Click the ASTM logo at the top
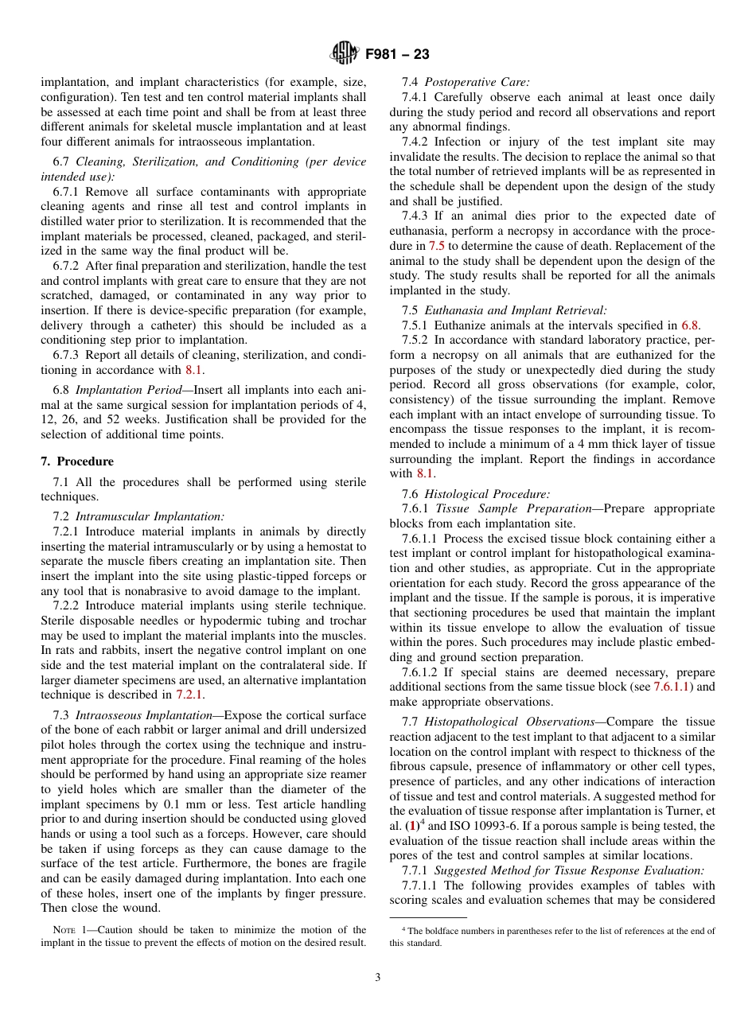click(345, 54)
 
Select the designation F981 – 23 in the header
click(397, 54)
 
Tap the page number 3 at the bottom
click(378, 977)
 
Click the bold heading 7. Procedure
click(77, 461)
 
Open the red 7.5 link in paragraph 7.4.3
click(437, 246)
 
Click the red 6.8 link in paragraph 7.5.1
click(690, 325)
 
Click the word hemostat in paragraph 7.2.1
click(325, 547)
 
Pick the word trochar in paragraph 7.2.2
click(345, 621)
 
